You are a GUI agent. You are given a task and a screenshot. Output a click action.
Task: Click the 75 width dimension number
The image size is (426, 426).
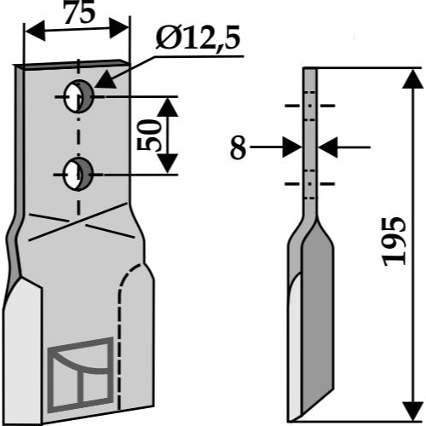click(78, 14)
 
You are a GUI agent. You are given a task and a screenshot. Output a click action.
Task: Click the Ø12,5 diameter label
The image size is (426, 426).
click(198, 38)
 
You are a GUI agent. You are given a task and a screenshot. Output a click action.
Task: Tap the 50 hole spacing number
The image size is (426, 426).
click(147, 135)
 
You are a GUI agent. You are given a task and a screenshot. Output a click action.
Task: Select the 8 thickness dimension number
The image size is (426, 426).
click(238, 148)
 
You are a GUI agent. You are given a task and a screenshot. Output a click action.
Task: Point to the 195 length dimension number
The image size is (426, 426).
click(394, 242)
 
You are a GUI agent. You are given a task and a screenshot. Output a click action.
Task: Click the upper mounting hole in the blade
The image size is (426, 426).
click(78, 96)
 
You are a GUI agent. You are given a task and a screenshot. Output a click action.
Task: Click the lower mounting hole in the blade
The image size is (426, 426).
click(78, 174)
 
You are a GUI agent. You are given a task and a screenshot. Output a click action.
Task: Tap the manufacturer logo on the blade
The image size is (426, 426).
click(81, 375)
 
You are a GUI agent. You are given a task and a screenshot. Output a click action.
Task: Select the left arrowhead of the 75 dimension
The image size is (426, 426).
click(35, 31)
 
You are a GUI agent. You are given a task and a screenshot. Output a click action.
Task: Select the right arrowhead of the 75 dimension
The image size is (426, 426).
click(119, 28)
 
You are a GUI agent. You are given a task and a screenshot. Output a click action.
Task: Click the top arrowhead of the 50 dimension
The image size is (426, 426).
click(168, 107)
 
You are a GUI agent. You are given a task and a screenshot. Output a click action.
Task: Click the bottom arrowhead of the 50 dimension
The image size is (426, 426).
click(168, 164)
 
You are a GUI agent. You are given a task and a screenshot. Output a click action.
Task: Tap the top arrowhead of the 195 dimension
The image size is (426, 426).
click(413, 79)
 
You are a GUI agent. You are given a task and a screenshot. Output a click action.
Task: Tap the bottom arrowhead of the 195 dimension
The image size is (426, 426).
click(413, 411)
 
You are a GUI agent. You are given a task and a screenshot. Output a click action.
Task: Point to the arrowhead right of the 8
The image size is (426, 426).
click(327, 147)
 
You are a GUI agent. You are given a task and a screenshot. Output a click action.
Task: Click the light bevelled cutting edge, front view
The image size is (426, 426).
click(23, 351)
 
